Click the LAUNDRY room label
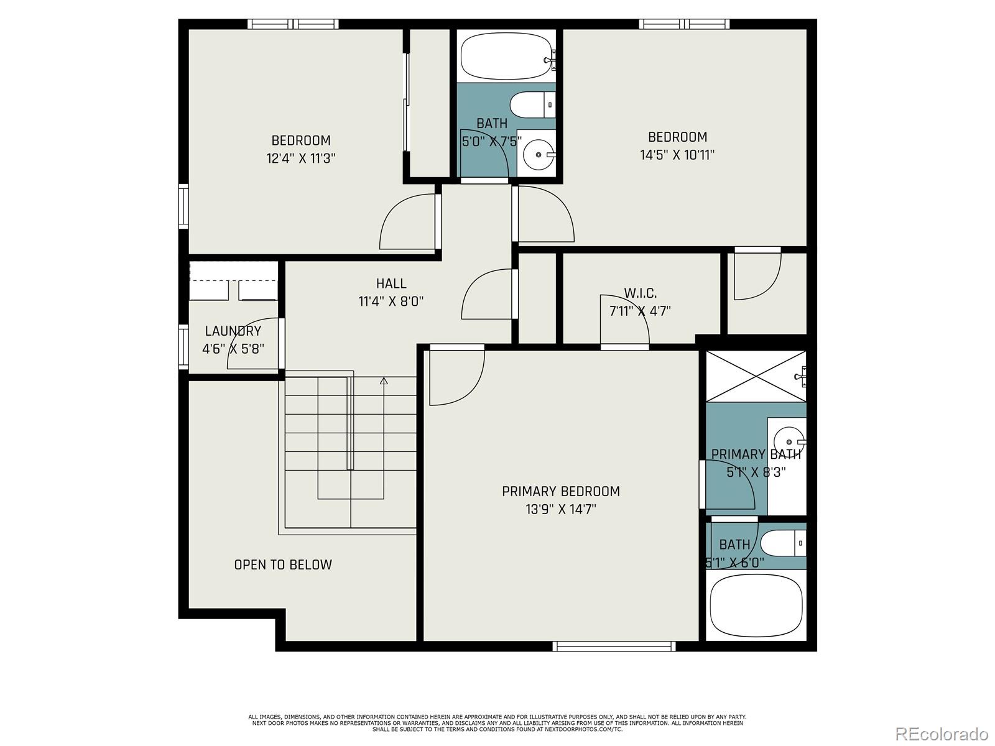[x=233, y=331]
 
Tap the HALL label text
[x=391, y=283]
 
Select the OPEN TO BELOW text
[x=283, y=564]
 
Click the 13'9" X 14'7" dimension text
[x=560, y=509]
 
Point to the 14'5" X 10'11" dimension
[x=677, y=155]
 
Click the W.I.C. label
[x=640, y=293]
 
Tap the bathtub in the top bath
[x=506, y=56]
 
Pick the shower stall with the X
[x=756, y=376]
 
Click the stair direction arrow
[x=384, y=381]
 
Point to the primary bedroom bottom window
[x=614, y=647]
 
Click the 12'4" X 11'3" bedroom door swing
[x=407, y=223]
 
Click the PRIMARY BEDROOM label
[x=560, y=491]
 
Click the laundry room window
[x=183, y=346]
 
